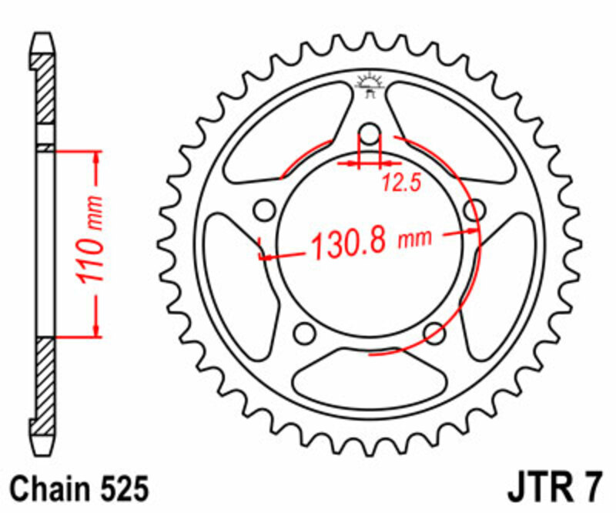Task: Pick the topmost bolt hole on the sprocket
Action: click(370, 135)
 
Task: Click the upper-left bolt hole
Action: click(266, 210)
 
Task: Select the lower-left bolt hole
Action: click(306, 332)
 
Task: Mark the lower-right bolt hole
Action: click(434, 332)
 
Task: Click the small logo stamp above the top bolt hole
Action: click(370, 83)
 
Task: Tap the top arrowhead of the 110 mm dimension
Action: click(96, 158)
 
